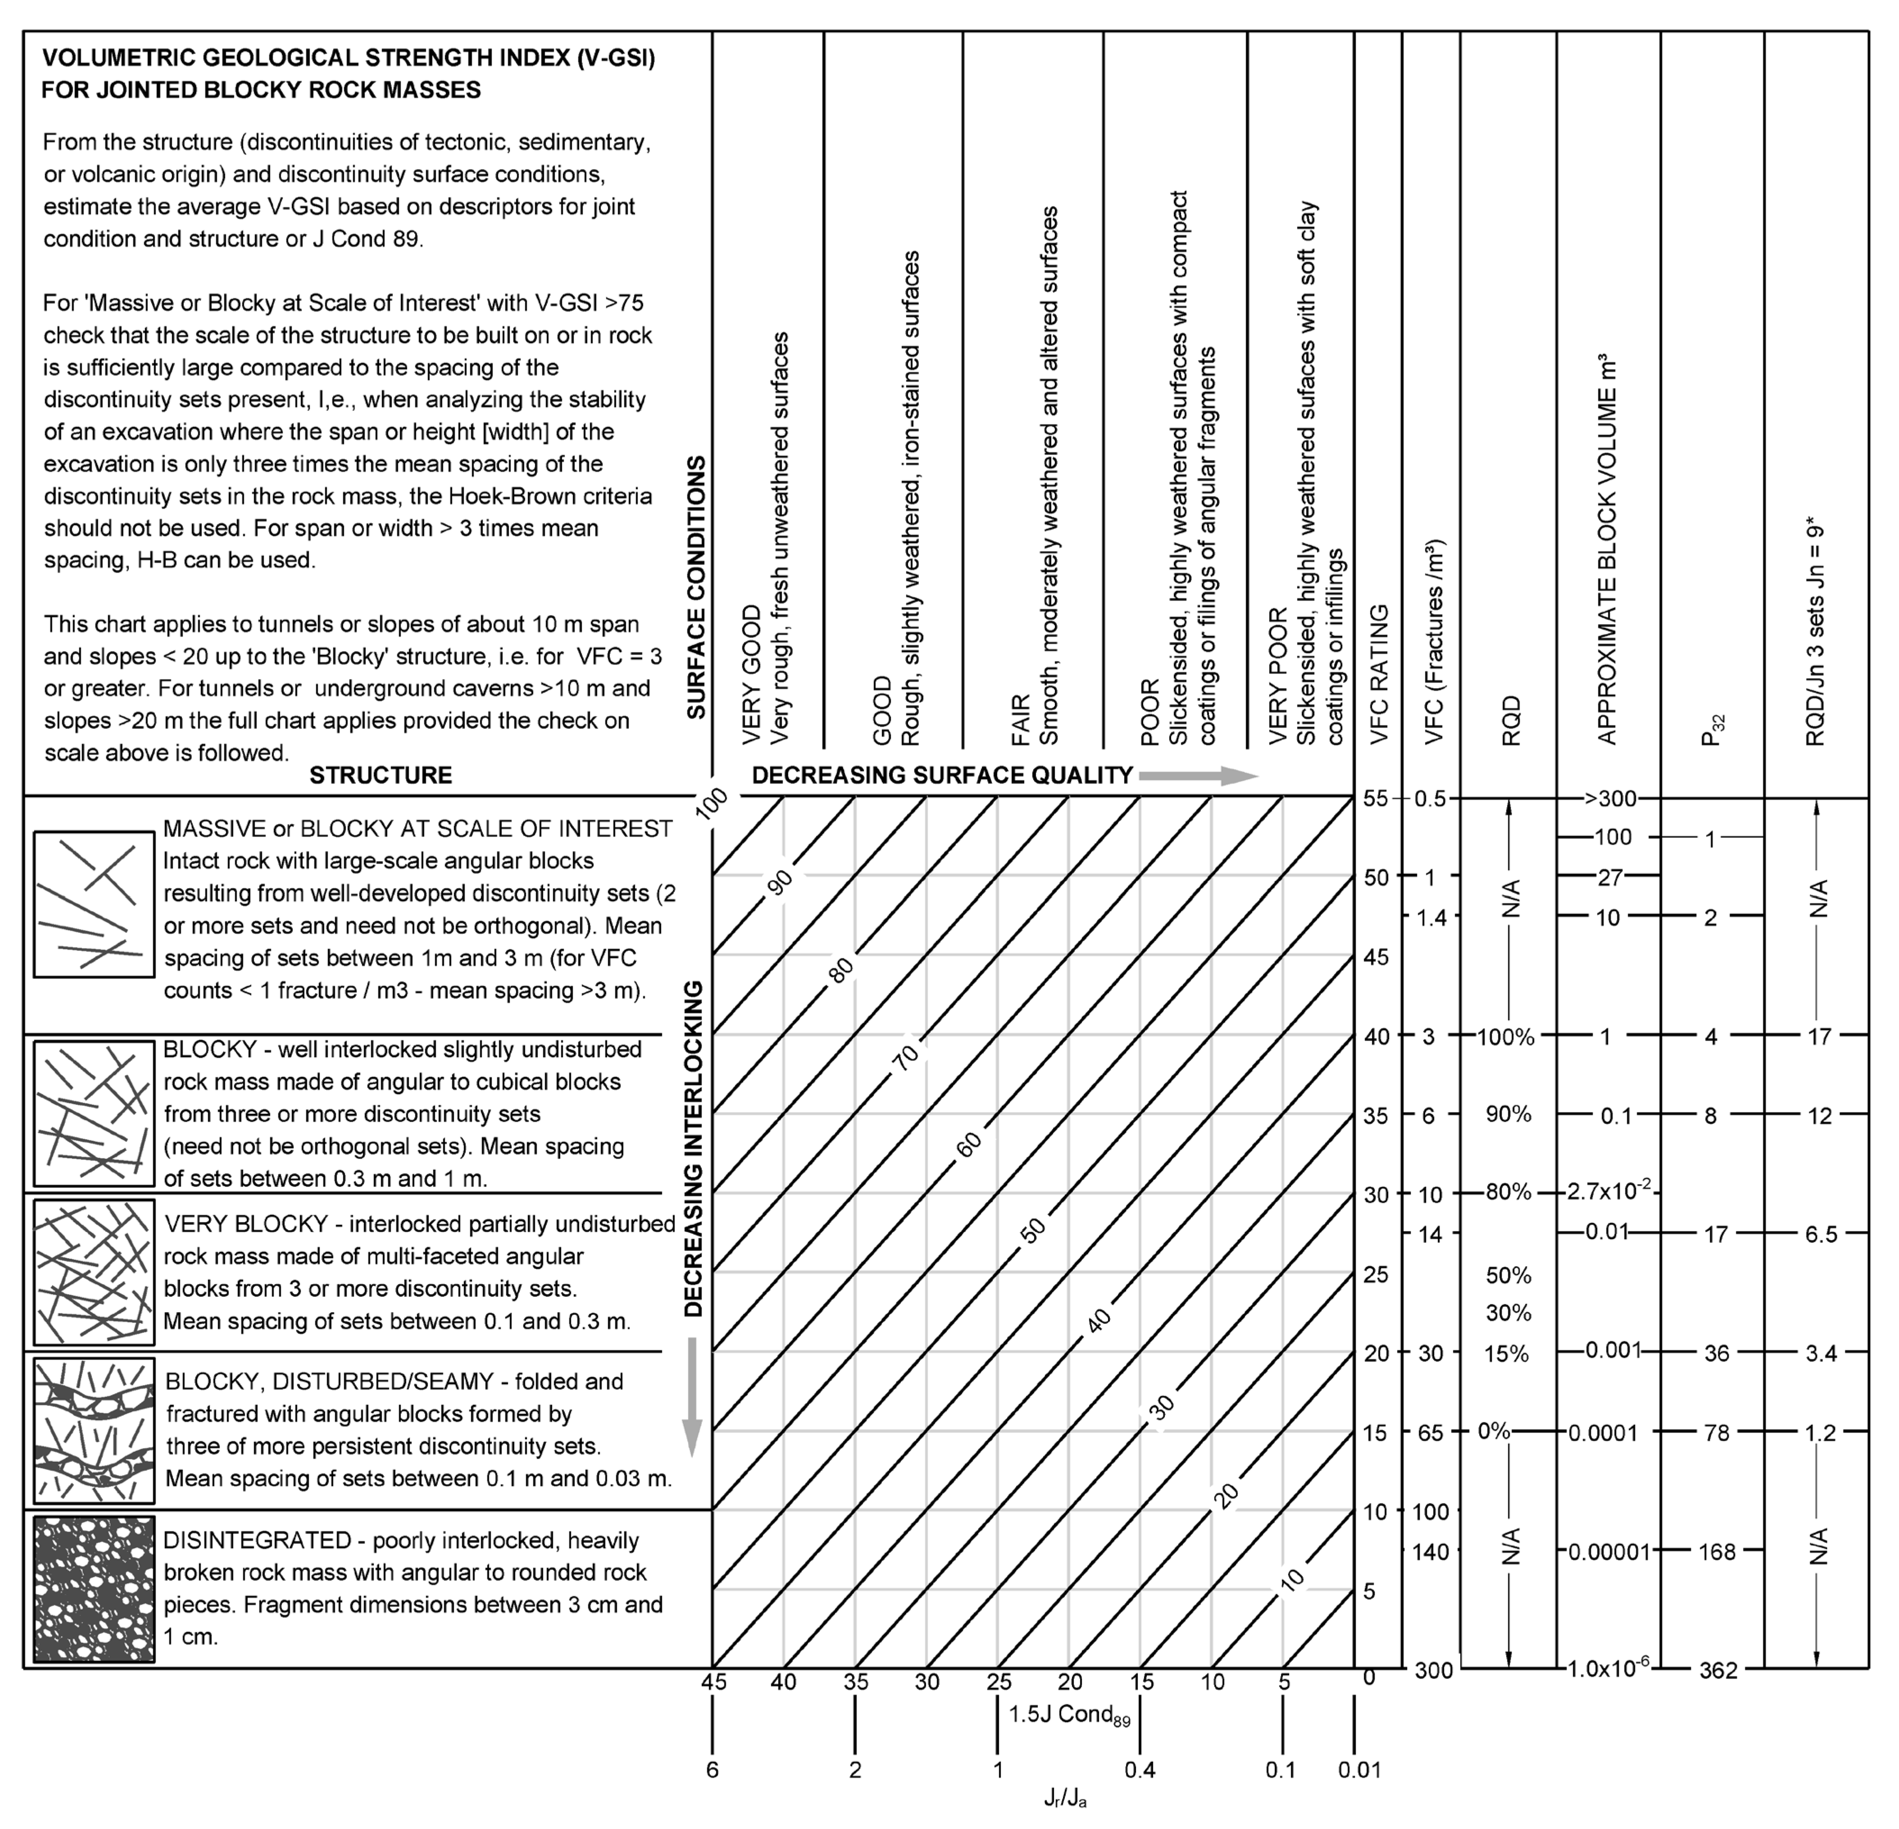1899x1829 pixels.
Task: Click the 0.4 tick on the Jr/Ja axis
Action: (1140, 1770)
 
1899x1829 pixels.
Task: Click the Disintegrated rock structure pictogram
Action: (94, 1590)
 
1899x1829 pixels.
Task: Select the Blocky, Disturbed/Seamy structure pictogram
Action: (94, 1430)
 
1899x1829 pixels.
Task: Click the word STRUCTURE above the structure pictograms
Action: (381, 775)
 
